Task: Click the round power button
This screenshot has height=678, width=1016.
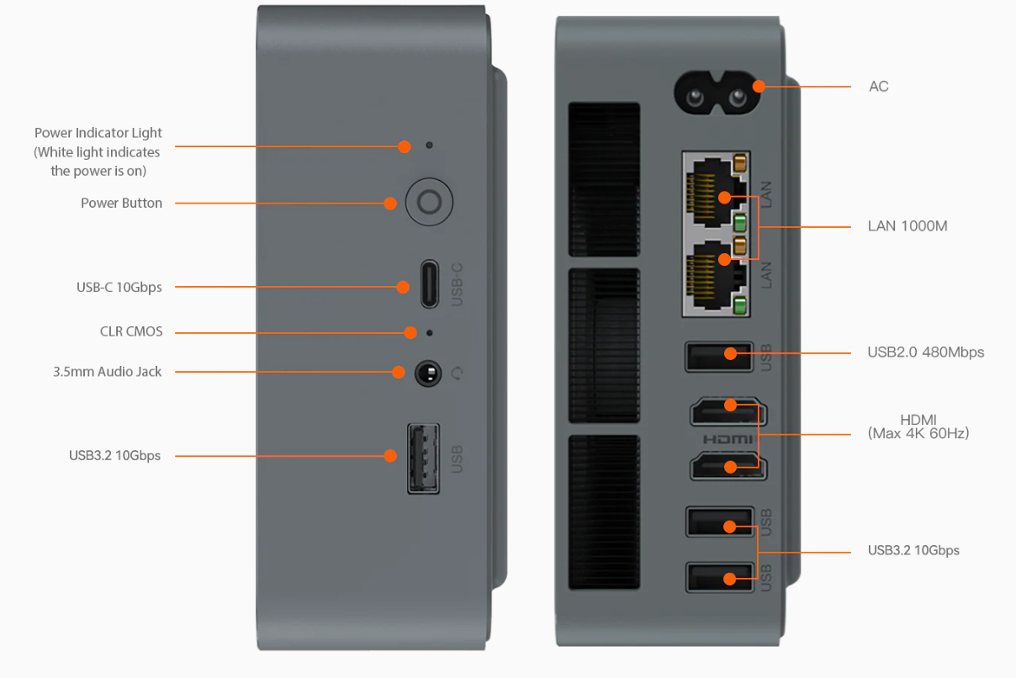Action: point(429,203)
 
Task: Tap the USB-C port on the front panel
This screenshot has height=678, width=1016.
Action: point(429,284)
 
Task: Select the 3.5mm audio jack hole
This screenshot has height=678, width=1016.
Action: point(429,372)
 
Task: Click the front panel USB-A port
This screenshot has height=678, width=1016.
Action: point(423,458)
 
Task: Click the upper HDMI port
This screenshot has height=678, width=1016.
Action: point(728,412)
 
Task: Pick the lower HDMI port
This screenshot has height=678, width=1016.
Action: point(728,466)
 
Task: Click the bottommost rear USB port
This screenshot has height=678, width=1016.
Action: point(719,578)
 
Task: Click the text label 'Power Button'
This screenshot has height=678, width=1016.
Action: point(121,203)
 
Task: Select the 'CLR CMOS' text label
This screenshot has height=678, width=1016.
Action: point(131,331)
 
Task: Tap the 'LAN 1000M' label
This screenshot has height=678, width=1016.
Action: point(908,226)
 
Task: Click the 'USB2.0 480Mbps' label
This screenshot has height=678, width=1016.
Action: point(925,352)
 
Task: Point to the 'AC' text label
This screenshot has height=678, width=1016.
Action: point(879,87)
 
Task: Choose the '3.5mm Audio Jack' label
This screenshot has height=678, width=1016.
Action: point(107,371)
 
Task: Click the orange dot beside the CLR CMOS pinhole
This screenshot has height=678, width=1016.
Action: point(410,332)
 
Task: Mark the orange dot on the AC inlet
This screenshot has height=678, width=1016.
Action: point(759,86)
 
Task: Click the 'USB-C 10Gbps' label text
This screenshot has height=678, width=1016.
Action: point(119,287)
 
